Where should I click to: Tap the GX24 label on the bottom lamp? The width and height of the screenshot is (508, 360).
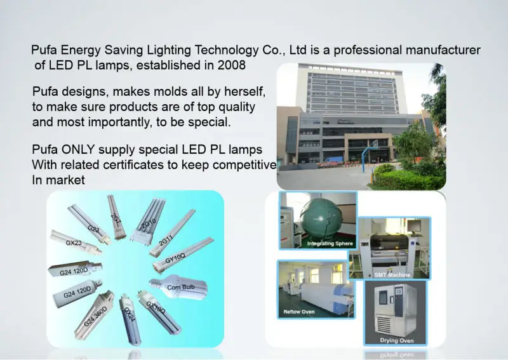(x=128, y=314)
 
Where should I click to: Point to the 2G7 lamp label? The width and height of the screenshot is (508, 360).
(x=116, y=219)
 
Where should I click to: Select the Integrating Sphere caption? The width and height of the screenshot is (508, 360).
(x=330, y=243)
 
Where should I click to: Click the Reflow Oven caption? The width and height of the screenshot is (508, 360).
(x=299, y=312)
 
